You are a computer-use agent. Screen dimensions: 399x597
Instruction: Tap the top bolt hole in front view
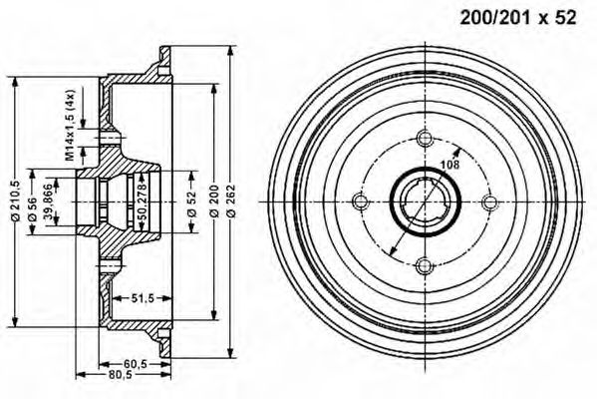click(x=423, y=138)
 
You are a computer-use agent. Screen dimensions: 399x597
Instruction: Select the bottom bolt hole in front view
click(x=423, y=265)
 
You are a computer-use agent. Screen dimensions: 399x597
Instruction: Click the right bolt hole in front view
click(x=487, y=201)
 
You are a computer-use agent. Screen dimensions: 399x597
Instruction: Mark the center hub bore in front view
click(x=423, y=201)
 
